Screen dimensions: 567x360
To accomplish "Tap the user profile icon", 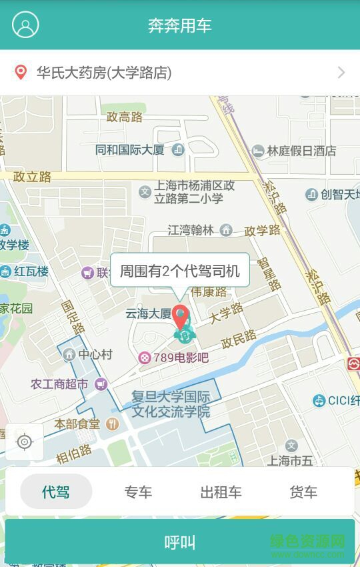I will click(26, 25).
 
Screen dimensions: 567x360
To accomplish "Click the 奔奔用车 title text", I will click(180, 26).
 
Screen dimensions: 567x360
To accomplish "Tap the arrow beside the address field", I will click(341, 73).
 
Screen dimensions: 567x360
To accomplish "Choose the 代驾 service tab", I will click(56, 492).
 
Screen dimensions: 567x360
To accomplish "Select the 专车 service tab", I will click(138, 492).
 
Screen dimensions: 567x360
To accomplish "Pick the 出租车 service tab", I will click(221, 492).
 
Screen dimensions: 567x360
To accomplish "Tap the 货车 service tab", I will click(303, 492).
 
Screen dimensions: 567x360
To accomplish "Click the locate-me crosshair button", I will click(25, 442).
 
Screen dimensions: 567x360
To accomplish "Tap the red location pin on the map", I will click(181, 316).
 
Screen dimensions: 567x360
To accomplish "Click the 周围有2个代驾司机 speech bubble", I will click(179, 270).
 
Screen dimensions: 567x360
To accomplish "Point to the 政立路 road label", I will click(32, 177).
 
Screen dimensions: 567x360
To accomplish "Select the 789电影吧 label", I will click(174, 358).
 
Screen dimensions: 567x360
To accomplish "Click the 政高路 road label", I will click(125, 117).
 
